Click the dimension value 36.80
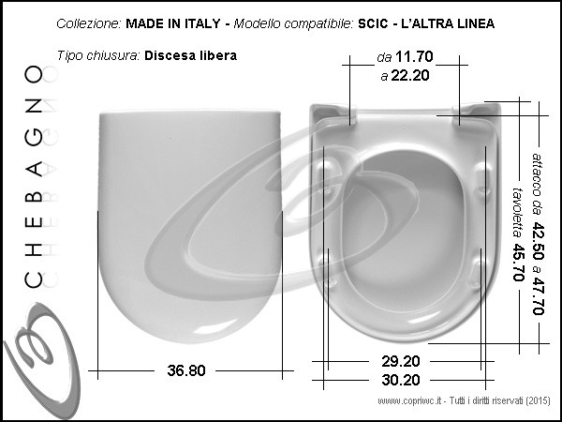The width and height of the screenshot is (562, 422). click(186, 370)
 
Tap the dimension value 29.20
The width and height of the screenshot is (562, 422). click(400, 361)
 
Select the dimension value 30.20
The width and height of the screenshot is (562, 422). click(400, 380)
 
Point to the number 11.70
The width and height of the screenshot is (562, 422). click(414, 56)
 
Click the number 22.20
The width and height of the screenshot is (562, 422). click(410, 76)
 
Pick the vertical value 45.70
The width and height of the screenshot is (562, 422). click(518, 263)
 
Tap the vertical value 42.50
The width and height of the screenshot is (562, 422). click(538, 241)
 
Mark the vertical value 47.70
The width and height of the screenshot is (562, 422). click(538, 295)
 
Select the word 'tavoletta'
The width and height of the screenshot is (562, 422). click(517, 213)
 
